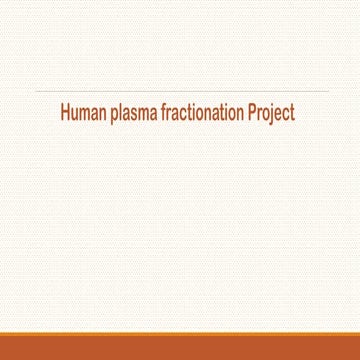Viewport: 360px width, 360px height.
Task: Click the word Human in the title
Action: pyautogui.click(x=84, y=114)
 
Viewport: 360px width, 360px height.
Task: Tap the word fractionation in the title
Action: pyautogui.click(x=203, y=114)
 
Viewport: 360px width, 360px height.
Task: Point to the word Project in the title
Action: pyautogui.click(x=272, y=115)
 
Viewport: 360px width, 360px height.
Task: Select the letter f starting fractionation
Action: pyautogui.click(x=167, y=114)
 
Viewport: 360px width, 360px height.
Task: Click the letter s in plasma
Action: pyautogui.click(x=139, y=115)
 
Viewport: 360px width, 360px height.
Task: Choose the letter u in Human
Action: pyautogui.click(x=77, y=115)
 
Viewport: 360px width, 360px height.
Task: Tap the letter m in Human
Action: pyautogui.click(x=88, y=115)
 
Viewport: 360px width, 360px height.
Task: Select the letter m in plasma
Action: pyautogui.click(x=148, y=115)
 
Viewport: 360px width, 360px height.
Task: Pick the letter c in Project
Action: pyautogui.click(x=287, y=115)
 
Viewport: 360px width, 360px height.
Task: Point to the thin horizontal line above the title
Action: pyautogui.click(x=180, y=91)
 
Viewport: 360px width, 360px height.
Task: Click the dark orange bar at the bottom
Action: pyautogui.click(x=180, y=346)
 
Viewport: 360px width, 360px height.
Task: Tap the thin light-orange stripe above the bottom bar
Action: pyautogui.click(x=180, y=330)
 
